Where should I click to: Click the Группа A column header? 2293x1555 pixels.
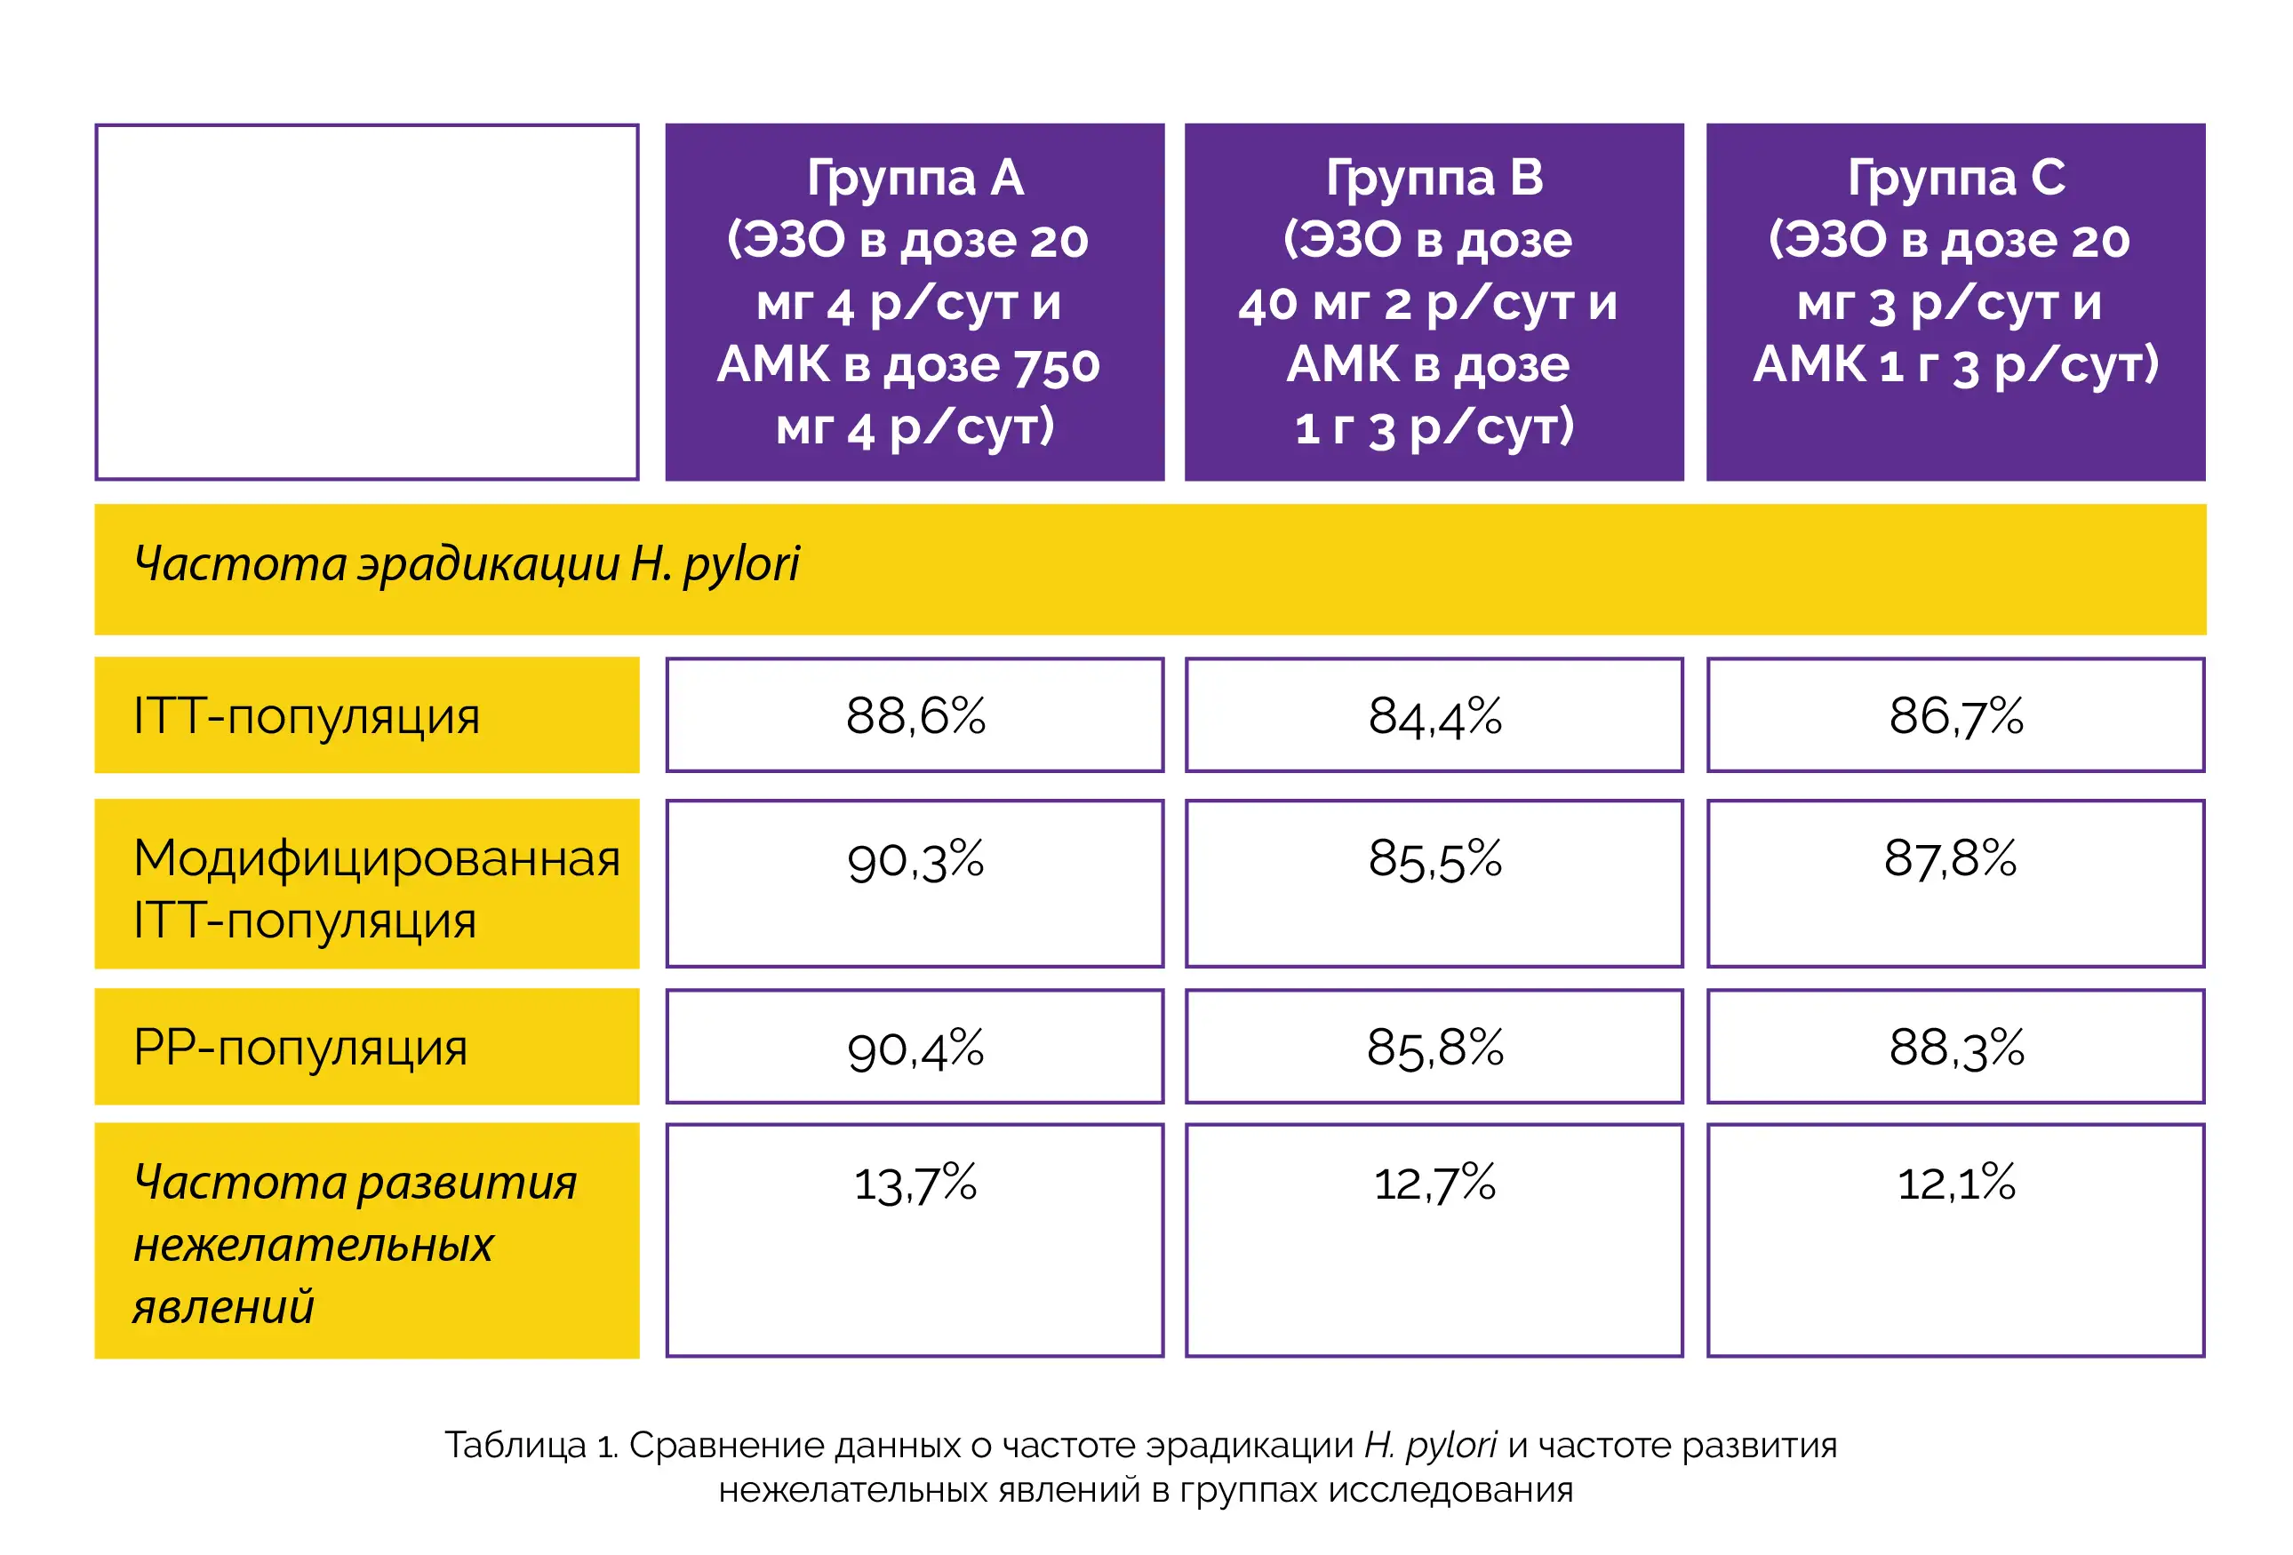915,301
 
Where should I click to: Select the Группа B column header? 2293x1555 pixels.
1434,301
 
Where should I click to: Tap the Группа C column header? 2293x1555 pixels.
1955,301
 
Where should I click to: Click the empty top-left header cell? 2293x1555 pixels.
367,301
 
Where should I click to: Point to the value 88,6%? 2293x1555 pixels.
915,715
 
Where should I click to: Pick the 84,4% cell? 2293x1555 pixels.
1434,715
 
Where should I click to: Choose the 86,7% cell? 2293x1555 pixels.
1955,715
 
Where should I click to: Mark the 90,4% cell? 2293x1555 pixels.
915,1048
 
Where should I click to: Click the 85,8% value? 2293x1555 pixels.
1434,1048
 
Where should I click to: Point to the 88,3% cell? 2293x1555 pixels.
1955,1048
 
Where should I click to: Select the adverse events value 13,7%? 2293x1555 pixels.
915,1182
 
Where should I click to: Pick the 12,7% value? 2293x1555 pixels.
1434,1182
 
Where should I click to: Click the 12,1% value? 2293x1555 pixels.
1955,1182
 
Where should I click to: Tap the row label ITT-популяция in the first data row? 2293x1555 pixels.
306,716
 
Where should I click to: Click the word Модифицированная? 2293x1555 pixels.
376,857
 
